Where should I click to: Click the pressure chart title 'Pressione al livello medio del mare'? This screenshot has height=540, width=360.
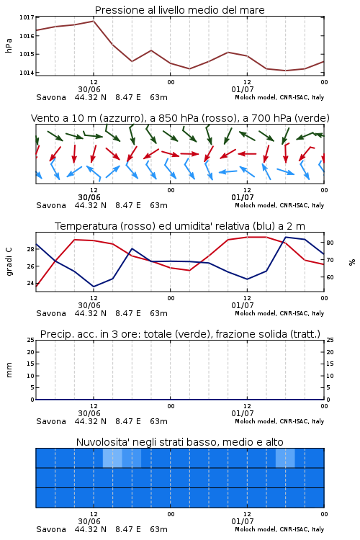[x=179, y=10]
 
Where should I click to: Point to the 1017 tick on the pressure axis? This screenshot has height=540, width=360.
[x=27, y=17]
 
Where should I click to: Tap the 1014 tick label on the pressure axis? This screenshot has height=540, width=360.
[x=27, y=73]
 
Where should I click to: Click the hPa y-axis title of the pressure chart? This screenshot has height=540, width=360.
[x=9, y=45]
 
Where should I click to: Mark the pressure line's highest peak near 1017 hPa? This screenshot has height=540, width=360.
[x=94, y=21]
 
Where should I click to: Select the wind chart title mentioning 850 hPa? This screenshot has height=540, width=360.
[x=180, y=118]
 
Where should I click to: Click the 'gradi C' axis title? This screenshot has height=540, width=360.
[x=9, y=261]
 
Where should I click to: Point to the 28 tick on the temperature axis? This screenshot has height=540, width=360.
[x=30, y=249]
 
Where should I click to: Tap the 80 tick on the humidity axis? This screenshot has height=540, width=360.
[x=330, y=243]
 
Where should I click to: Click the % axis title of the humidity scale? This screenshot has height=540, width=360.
[x=352, y=262]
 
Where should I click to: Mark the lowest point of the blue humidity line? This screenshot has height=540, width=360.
[x=94, y=287]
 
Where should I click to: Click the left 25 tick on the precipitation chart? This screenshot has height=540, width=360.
[x=31, y=340]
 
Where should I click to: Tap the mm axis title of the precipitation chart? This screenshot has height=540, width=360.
[x=9, y=370]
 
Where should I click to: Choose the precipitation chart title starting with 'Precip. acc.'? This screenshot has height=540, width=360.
[x=180, y=334]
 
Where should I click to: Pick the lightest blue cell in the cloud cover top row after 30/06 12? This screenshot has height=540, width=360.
[x=112, y=458]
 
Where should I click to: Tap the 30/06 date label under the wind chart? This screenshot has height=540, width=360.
[x=89, y=197]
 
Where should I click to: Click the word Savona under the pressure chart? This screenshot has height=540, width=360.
[x=51, y=97]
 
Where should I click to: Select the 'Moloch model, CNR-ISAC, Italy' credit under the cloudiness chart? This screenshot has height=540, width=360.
[x=279, y=529]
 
